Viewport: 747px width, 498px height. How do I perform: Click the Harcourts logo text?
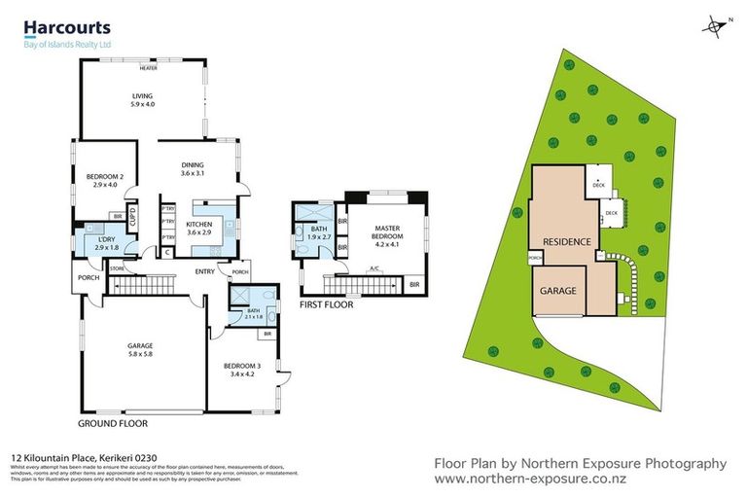point(66,29)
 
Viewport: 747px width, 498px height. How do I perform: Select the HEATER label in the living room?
point(148,69)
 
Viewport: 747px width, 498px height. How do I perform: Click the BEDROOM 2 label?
point(105,179)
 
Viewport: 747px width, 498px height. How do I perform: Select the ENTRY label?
point(204,271)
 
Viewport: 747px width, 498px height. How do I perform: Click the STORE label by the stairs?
point(117,267)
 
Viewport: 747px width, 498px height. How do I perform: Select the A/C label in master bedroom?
point(373,267)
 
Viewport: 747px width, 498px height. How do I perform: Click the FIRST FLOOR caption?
point(326,304)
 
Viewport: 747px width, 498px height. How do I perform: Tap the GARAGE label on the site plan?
point(559,291)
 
